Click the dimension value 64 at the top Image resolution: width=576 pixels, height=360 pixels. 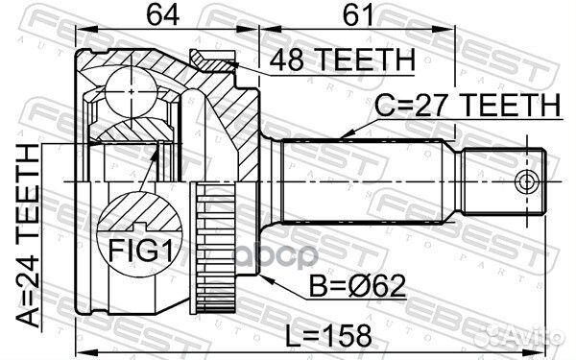click(163, 14)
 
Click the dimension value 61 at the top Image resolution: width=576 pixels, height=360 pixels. click(358, 14)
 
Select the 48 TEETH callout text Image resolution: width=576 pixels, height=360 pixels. click(343, 60)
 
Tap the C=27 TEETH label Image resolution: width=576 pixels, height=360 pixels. click(468, 105)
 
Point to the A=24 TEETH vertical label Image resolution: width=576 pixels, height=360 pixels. click(28, 235)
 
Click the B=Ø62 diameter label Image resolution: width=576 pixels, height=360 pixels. click(357, 286)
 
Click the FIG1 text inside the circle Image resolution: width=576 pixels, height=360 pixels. click(140, 250)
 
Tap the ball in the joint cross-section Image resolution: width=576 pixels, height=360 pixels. click(131, 92)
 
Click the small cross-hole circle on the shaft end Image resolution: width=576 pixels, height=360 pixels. click(527, 181)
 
